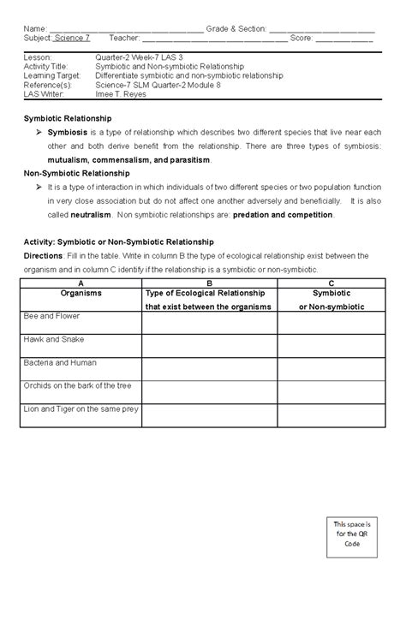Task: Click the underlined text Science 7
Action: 72,39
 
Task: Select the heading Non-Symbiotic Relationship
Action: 76,172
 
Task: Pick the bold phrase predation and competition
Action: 283,214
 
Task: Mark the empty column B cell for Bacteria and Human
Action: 209,368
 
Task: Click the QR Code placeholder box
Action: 352,533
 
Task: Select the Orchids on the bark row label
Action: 77,385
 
